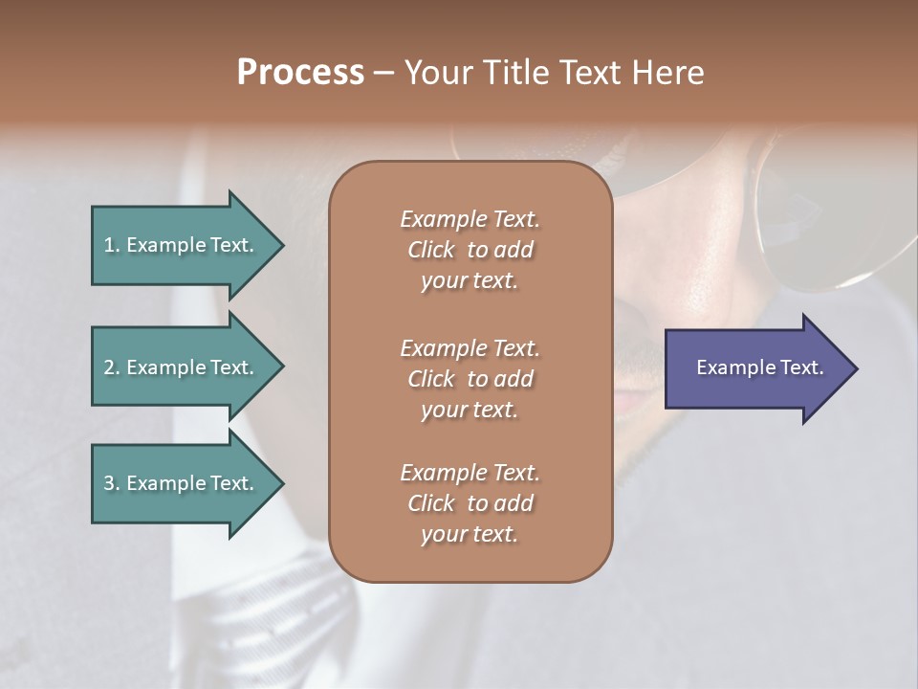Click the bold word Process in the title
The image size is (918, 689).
click(x=300, y=72)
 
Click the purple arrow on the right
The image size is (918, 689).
click(x=755, y=367)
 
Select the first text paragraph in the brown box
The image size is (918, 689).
click(x=470, y=250)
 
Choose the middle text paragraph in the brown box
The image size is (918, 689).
click(x=470, y=378)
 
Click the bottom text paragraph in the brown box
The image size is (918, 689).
click(x=470, y=503)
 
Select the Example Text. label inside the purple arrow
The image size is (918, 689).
click(x=759, y=367)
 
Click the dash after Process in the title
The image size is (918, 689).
click(x=383, y=74)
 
